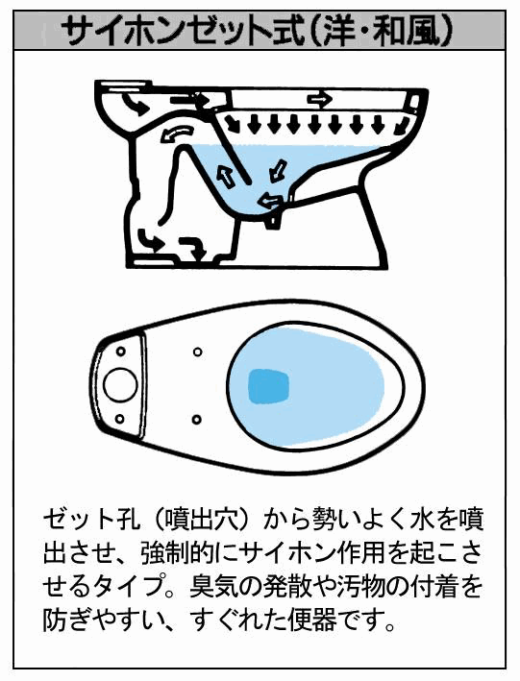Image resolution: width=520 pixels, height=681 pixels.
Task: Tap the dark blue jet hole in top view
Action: point(268,386)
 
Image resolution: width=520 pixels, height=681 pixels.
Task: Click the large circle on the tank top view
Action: point(120,385)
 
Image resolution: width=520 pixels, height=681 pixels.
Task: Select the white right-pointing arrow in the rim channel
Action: point(319,100)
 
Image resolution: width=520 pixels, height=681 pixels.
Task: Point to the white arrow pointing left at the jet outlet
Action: point(270,201)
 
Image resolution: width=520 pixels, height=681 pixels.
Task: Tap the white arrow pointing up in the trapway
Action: point(225,177)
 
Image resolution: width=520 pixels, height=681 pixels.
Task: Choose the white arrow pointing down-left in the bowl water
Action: point(278,171)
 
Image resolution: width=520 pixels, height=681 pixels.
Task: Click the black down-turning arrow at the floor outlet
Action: point(193,246)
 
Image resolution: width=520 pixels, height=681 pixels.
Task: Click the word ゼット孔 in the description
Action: point(91,521)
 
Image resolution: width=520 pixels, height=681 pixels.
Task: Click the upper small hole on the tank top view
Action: point(121,351)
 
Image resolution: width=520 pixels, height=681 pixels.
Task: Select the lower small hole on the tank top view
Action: point(120,419)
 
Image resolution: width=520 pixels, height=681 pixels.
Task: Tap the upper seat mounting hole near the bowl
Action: point(197,352)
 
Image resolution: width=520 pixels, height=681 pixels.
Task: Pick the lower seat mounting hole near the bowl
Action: point(196,420)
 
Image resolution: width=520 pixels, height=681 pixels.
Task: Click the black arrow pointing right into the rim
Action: point(190,100)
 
